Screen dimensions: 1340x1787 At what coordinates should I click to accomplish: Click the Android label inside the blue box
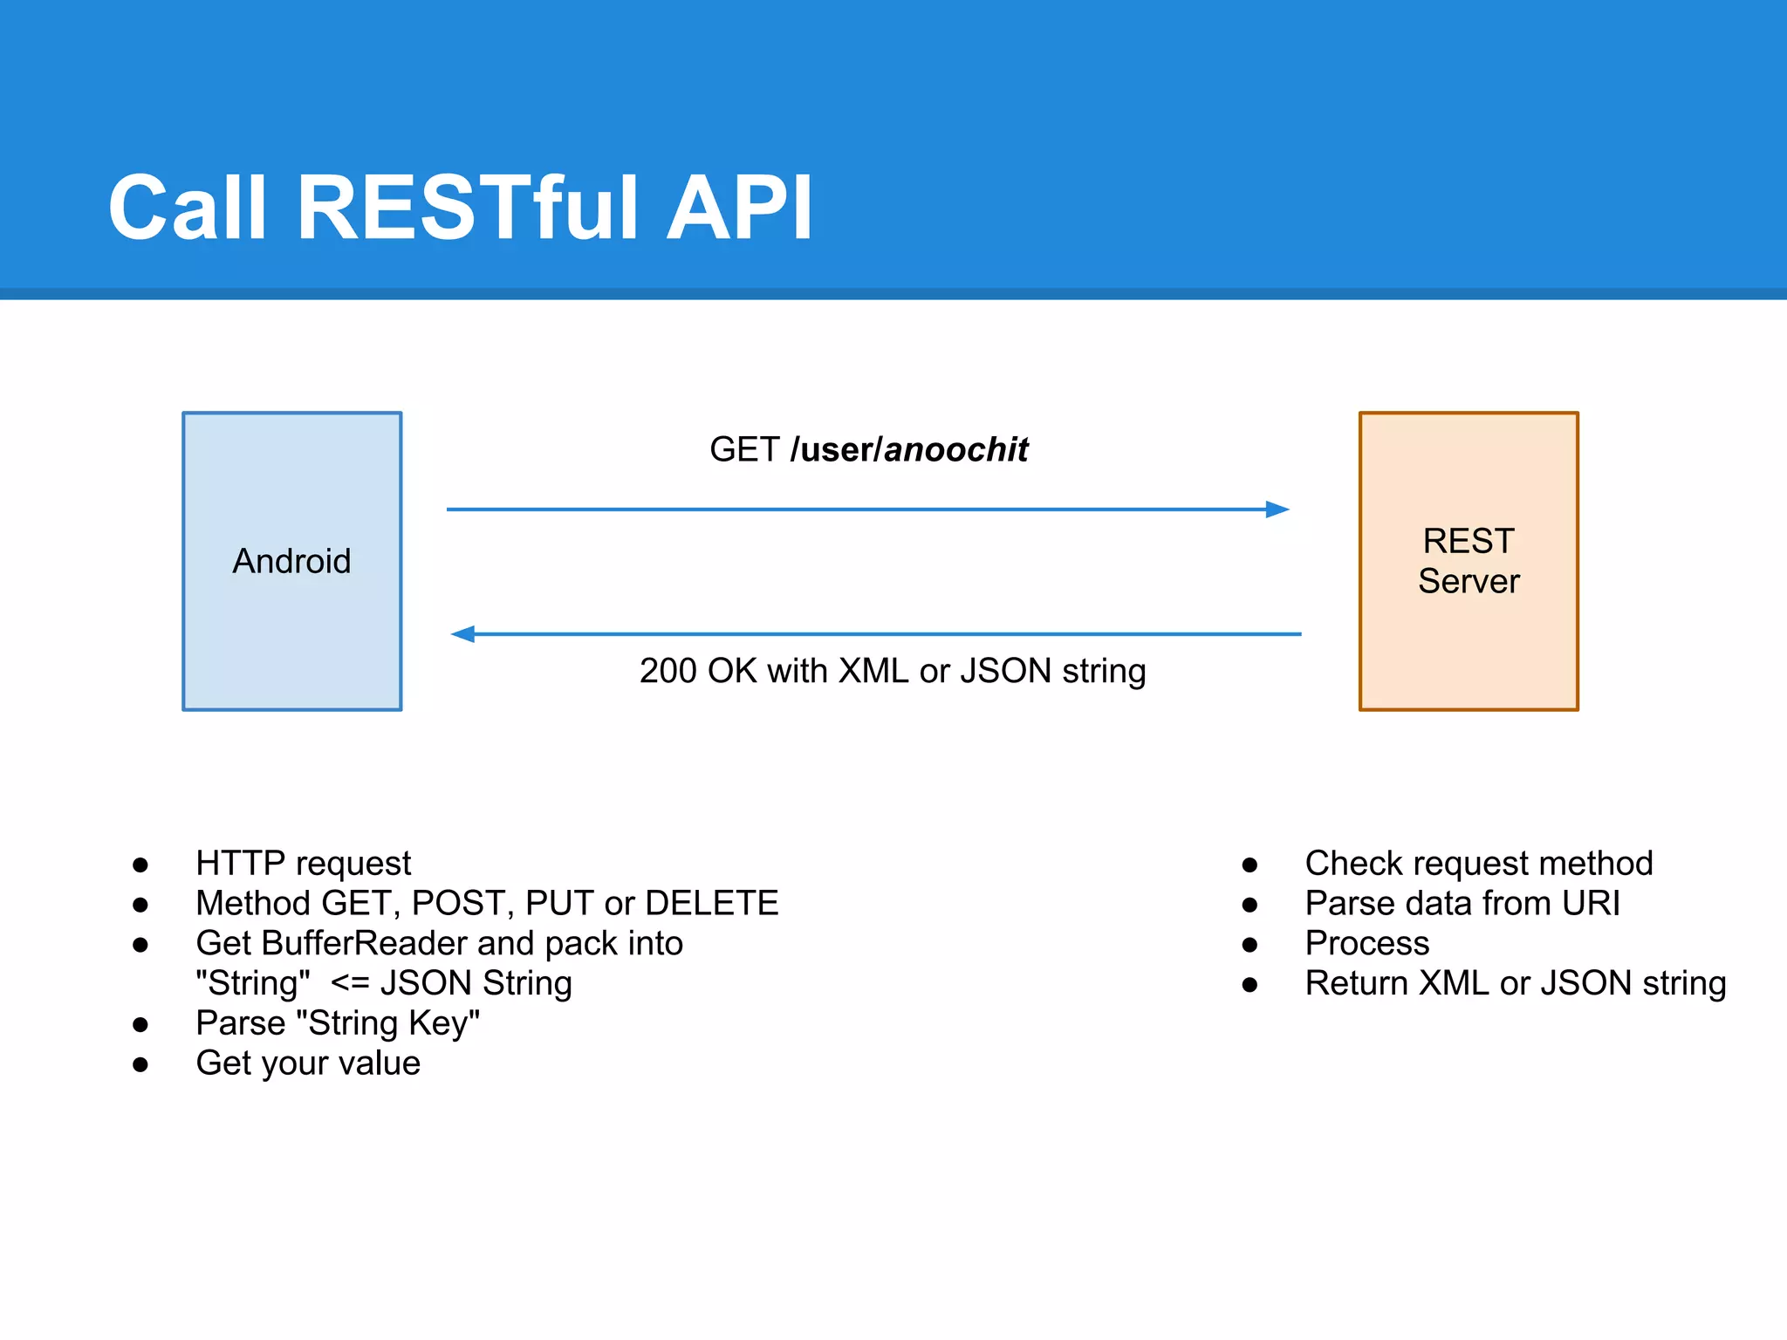click(291, 561)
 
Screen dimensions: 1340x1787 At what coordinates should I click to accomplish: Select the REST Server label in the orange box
click(1469, 561)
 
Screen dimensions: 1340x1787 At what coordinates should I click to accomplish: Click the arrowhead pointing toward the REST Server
click(1277, 509)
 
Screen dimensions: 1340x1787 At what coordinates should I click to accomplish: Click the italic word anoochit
click(956, 449)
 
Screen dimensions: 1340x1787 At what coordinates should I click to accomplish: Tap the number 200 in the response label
click(668, 671)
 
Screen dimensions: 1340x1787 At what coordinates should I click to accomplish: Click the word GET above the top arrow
click(743, 449)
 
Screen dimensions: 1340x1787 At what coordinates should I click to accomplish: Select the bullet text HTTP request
click(303, 863)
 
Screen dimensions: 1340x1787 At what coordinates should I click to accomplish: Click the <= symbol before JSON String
click(350, 983)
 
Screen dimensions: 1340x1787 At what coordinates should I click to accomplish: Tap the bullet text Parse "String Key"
click(338, 1023)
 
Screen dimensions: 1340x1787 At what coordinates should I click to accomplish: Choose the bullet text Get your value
click(308, 1063)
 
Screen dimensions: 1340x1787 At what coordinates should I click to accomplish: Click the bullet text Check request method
click(1478, 863)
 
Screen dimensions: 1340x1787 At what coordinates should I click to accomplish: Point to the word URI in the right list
click(1591, 903)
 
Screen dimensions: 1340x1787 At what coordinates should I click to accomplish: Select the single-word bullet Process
click(1366, 943)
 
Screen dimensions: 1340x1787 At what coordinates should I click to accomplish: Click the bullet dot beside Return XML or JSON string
click(1250, 985)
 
